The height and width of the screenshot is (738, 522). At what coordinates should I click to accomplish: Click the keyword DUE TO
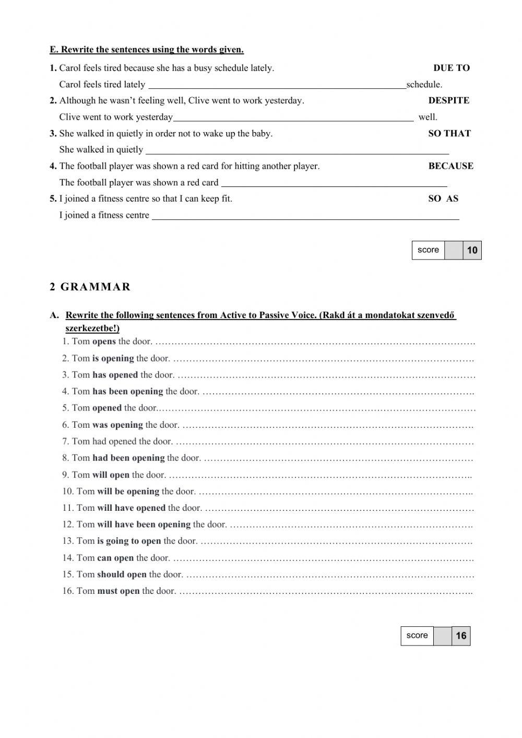[451, 68]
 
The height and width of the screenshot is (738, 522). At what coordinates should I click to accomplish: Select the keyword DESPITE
[448, 100]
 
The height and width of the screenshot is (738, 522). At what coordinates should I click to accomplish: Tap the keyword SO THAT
[449, 133]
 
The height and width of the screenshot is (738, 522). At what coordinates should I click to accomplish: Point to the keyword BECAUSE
[450, 166]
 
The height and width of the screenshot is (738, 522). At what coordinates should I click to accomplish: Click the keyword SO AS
[443, 198]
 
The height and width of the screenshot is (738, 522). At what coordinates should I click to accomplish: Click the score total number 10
[472, 250]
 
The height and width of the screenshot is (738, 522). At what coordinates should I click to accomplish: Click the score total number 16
[461, 636]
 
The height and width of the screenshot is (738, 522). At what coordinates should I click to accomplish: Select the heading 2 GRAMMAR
[90, 287]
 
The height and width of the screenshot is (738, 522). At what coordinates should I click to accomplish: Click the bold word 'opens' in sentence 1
[104, 342]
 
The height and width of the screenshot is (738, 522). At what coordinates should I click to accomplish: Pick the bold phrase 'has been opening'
[127, 391]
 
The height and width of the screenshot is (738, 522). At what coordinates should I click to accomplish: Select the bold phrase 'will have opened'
[131, 508]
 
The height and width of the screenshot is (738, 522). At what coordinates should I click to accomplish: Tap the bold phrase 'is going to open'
[129, 541]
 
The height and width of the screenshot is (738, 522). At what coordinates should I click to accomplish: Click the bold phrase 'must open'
[118, 591]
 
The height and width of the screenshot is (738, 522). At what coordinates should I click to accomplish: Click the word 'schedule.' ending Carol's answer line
[424, 85]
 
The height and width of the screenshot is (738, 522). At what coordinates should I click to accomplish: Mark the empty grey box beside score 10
[454, 250]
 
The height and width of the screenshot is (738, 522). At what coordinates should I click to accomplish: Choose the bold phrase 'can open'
[115, 558]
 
